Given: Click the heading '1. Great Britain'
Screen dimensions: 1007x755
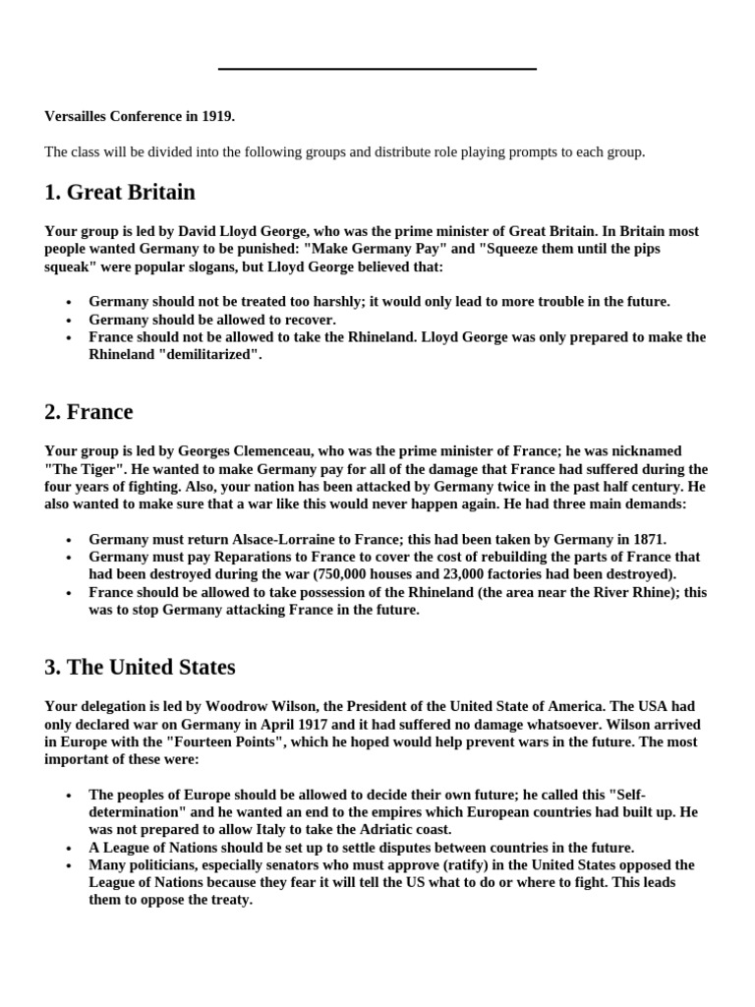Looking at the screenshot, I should pos(120,192).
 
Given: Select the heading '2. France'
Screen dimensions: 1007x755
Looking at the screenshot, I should pos(88,411).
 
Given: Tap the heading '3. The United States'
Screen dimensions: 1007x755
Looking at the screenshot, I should pos(140,667).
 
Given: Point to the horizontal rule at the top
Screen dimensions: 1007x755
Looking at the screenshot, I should pos(377,69).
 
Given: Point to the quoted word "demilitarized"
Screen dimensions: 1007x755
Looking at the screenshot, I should pos(209,355).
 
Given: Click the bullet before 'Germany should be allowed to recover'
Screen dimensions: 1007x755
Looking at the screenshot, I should pos(68,321).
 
